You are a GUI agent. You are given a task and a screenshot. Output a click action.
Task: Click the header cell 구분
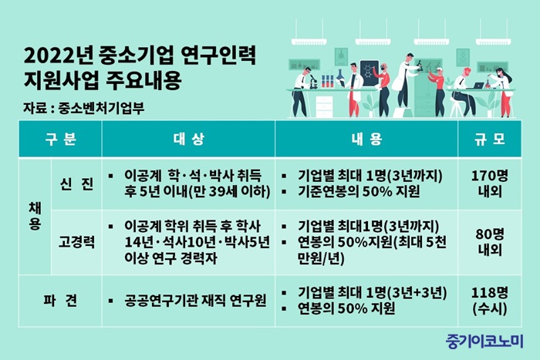[x=60, y=139]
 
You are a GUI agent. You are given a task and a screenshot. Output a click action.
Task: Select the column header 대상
[x=188, y=139]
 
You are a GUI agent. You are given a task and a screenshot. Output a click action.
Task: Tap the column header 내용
[x=366, y=139]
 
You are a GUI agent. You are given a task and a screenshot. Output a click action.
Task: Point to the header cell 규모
[x=489, y=139]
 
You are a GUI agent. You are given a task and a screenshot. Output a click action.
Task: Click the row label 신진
[x=76, y=183]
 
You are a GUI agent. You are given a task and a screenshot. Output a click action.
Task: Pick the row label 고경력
[x=76, y=242]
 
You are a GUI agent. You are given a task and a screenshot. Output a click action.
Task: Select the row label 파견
[x=60, y=301]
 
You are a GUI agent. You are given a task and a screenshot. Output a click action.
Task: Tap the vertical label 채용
[x=35, y=216]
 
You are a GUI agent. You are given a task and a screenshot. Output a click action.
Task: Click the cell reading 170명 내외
[x=489, y=183]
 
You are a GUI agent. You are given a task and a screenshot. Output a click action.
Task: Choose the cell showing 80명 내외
[x=489, y=242]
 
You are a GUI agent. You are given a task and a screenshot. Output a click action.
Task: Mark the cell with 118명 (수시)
[x=489, y=301]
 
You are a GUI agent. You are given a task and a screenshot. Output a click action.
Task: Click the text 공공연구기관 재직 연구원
[x=195, y=301]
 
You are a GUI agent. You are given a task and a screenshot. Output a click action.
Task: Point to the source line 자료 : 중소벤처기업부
[x=83, y=108]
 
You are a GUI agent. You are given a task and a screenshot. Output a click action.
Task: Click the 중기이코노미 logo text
[x=484, y=341]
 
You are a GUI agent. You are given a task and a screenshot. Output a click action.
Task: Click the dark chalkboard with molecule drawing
[x=370, y=74]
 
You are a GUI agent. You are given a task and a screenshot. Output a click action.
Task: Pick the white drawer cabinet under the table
[x=324, y=106]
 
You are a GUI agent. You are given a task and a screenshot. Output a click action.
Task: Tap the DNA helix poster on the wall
[x=463, y=58]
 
